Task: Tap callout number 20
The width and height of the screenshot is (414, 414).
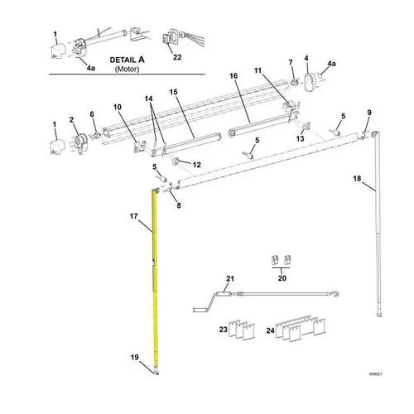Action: (x=282, y=279)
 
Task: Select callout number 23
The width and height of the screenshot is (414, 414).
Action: (x=223, y=330)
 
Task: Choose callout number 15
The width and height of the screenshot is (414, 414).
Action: (x=174, y=91)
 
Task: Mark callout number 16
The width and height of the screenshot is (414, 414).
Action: (x=233, y=76)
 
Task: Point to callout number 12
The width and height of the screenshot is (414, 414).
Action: (x=196, y=165)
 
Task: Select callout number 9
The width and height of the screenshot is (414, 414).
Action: (x=369, y=113)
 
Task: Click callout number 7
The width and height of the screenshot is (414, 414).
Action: (x=291, y=63)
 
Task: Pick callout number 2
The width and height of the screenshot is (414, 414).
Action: (x=73, y=120)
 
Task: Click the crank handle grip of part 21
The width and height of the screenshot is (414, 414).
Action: (x=200, y=308)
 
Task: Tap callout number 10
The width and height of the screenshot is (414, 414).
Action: (x=117, y=108)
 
